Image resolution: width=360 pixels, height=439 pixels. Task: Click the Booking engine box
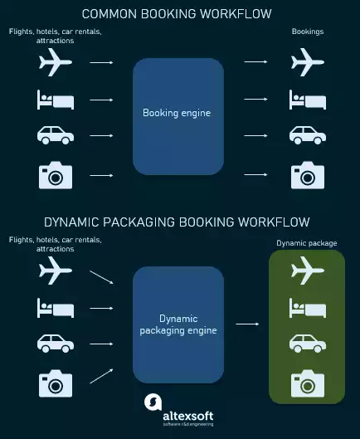tap(178, 115)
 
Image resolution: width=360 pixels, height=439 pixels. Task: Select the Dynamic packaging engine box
tap(178, 324)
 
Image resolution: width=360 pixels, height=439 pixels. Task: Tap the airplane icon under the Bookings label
tap(307, 61)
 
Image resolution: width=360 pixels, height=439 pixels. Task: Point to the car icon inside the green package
tap(307, 342)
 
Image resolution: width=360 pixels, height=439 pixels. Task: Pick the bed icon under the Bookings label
tap(307, 100)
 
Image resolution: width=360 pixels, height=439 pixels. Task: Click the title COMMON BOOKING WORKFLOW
tap(177, 14)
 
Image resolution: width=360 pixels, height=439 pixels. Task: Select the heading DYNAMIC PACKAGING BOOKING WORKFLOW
tap(177, 222)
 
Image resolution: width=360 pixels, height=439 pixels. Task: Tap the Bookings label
tap(308, 32)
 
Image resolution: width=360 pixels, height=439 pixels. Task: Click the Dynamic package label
tap(307, 243)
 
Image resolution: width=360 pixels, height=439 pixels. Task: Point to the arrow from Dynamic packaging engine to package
tap(246, 324)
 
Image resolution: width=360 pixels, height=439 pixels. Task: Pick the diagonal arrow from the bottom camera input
tap(101, 374)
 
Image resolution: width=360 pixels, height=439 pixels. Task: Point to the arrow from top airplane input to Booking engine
tap(101, 61)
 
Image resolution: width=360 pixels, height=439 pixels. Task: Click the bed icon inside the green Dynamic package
tap(307, 306)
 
